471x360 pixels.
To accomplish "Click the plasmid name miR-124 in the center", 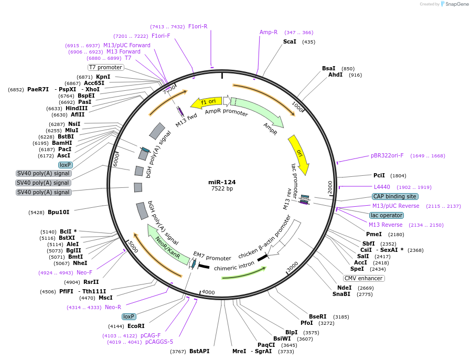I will point(222,182).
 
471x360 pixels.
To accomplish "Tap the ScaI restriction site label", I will point(290,41).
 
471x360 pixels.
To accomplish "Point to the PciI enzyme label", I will point(379,175).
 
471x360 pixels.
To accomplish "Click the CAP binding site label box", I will point(395,196).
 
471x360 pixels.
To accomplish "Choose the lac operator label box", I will point(387,215).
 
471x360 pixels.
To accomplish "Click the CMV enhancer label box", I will point(363,278).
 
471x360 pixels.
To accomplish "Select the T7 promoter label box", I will point(106,67).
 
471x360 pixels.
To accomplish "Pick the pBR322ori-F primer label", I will point(387,155).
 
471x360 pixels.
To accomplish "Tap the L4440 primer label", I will point(382,187).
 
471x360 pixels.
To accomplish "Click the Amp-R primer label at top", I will point(269,32).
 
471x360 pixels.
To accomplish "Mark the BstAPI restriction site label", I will point(199,351).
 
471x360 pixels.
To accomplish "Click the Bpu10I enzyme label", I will point(58,212).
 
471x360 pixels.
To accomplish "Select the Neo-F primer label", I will point(84,272).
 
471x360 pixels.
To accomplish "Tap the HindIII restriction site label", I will point(77,108).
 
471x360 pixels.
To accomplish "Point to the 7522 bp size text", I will point(222,188).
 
